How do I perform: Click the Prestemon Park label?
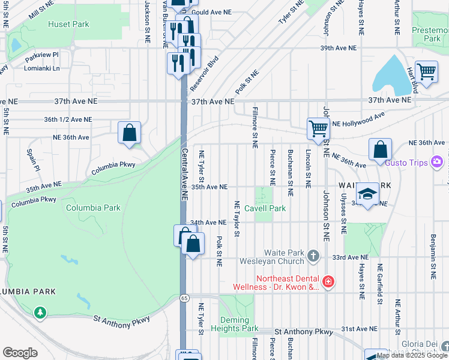pyautogui.click(x=430, y=34)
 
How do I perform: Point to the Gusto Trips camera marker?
pyautogui.click(x=437, y=162)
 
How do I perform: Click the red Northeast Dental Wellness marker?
pyautogui.click(x=328, y=281)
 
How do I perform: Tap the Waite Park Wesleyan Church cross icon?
pyautogui.click(x=313, y=257)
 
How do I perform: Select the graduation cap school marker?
pyautogui.click(x=367, y=194)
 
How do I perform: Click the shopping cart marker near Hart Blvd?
pyautogui.click(x=426, y=72)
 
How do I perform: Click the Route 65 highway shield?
pyautogui.click(x=184, y=298)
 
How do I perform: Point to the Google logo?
pyautogui.click(x=20, y=353)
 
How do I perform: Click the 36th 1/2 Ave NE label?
pyautogui.click(x=68, y=119)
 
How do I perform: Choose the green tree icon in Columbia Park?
pyautogui.click(x=40, y=312)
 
